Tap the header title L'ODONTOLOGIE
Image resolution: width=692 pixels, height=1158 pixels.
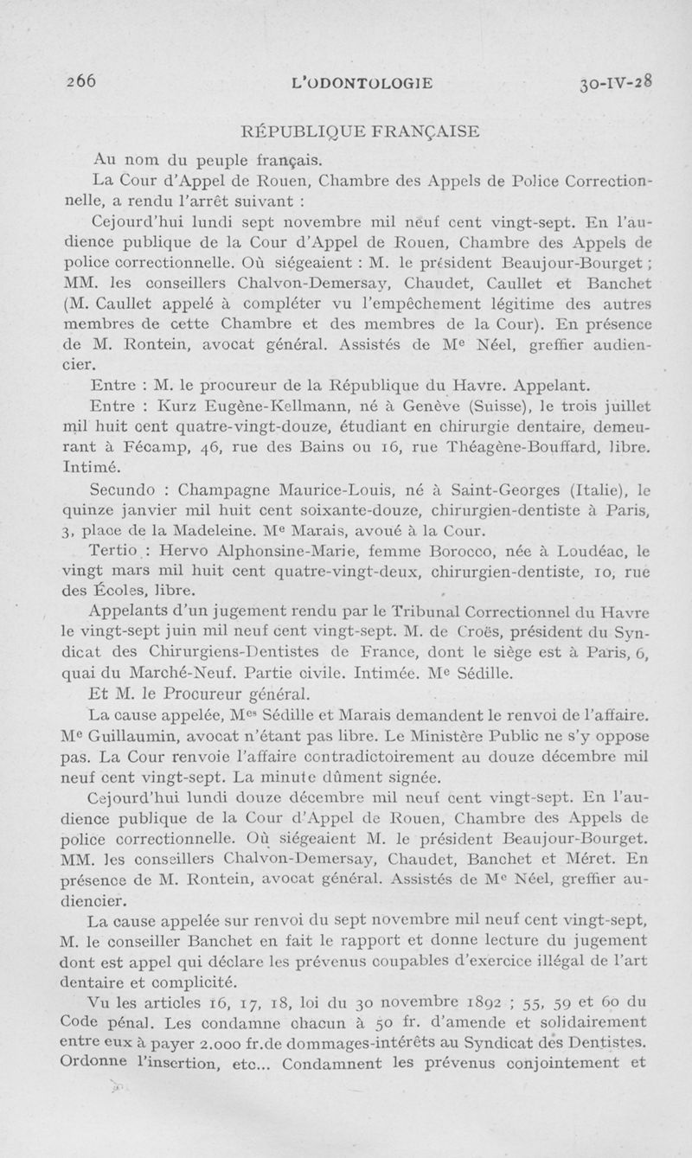pos(363,83)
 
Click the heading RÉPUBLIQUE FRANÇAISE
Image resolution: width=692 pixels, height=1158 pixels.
pos(359,132)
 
